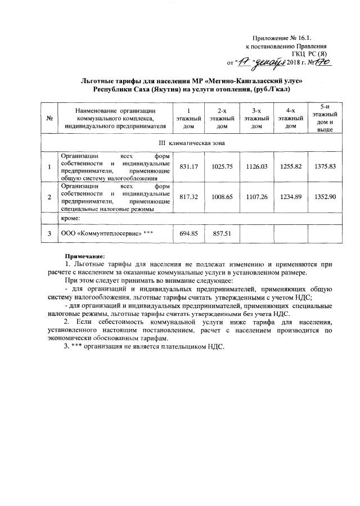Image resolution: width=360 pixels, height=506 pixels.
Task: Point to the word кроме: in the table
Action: [x=71, y=218]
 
